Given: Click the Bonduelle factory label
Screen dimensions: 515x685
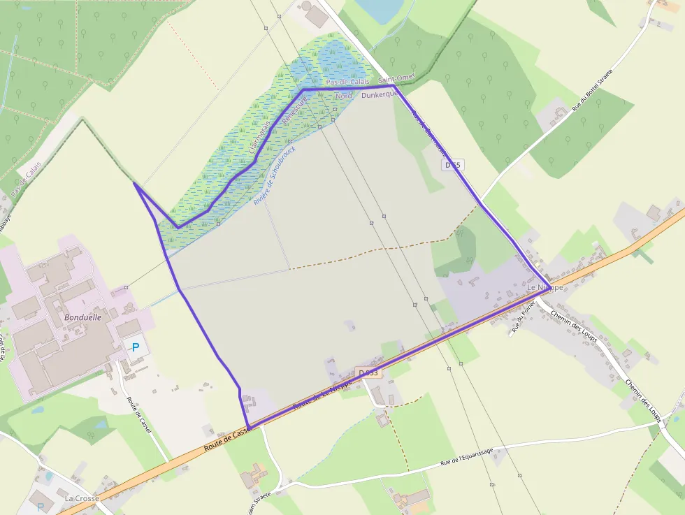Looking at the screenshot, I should pyautogui.click(x=82, y=317).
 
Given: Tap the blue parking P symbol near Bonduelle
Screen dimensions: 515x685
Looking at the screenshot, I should pyautogui.click(x=136, y=347).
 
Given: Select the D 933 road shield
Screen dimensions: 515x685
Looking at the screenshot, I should pyautogui.click(x=368, y=373).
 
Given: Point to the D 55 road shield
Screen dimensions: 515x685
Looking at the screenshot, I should pyautogui.click(x=453, y=165).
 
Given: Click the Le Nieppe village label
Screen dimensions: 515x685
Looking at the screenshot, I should pyautogui.click(x=545, y=287).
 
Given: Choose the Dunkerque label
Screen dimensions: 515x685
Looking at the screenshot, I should pyautogui.click(x=380, y=94).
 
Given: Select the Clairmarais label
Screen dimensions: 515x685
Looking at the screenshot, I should pyautogui.click(x=259, y=137).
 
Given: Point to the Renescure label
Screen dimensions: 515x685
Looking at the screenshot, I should pyautogui.click(x=294, y=111).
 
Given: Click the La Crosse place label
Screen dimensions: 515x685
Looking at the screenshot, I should pyautogui.click(x=81, y=498).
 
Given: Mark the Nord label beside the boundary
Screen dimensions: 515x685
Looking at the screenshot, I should pyautogui.click(x=343, y=95).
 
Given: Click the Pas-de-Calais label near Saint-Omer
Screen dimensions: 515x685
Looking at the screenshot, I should pyautogui.click(x=347, y=82).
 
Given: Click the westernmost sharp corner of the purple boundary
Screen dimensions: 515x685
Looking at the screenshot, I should pyautogui.click(x=134, y=184).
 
